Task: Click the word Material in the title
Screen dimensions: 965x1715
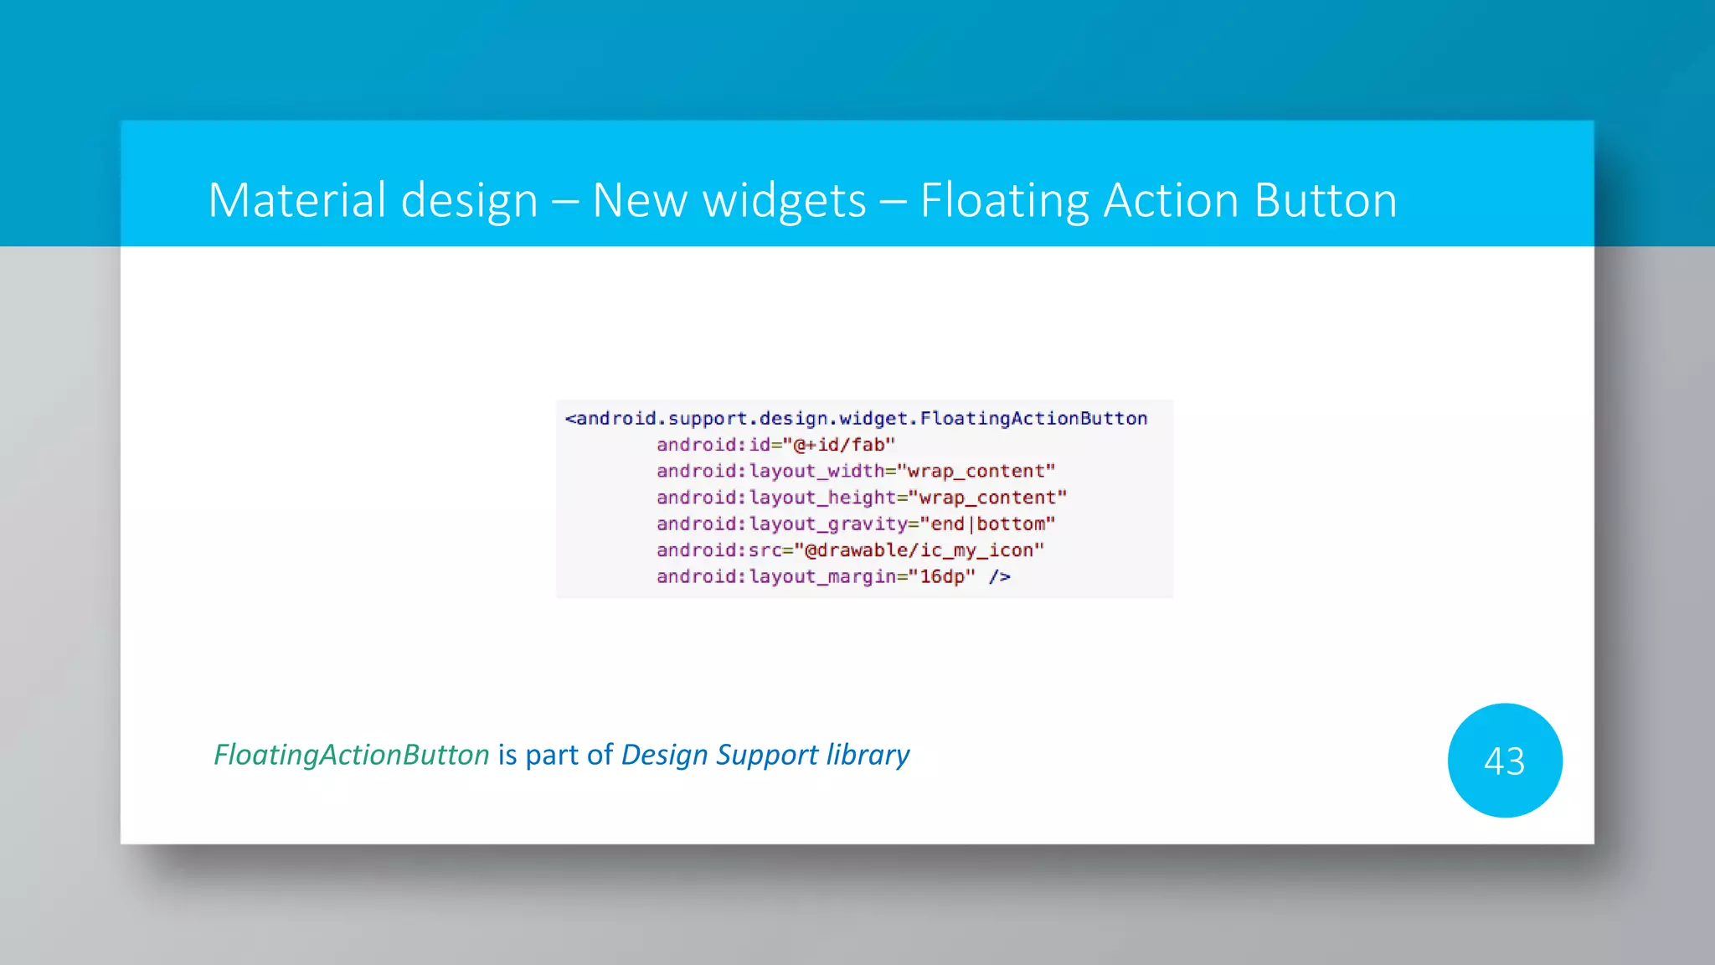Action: (x=296, y=201)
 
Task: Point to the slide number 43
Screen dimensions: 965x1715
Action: (x=1504, y=761)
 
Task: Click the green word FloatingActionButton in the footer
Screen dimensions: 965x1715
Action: (x=351, y=756)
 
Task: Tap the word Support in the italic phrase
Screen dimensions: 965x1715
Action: (x=767, y=756)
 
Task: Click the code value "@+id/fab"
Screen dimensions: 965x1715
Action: (x=838, y=445)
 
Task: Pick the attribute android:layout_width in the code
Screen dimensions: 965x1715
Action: (x=770, y=472)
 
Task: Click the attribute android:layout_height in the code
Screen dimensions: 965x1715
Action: (x=775, y=498)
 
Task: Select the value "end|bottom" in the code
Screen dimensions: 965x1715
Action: (x=987, y=524)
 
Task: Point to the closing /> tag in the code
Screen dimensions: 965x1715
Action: (x=999, y=577)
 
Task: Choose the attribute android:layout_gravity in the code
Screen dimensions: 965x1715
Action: (x=781, y=524)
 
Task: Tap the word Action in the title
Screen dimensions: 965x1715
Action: (x=1171, y=201)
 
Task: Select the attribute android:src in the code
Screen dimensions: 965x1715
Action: (x=718, y=550)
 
